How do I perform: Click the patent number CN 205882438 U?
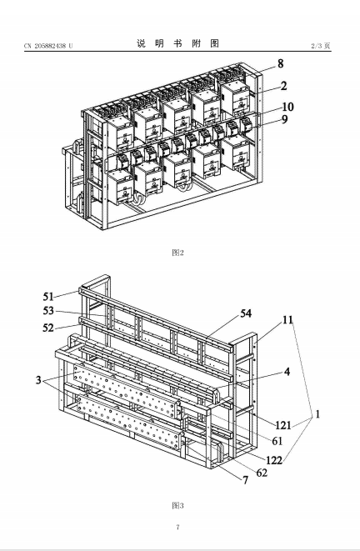click(48, 46)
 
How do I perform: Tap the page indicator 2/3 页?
click(321, 46)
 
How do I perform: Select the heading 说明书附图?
click(177, 43)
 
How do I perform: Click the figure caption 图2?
click(177, 253)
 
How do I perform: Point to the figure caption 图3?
click(177, 505)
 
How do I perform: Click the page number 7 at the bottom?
click(177, 527)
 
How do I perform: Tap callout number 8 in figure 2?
click(280, 63)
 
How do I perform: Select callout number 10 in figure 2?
click(287, 107)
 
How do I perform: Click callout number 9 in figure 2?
click(284, 119)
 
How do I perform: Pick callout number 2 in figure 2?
click(283, 86)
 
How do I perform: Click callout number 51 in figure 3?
click(48, 297)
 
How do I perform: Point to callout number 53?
click(48, 311)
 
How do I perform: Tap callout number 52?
click(48, 328)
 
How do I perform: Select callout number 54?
click(246, 313)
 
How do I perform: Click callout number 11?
click(287, 320)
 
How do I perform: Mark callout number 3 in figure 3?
click(38, 380)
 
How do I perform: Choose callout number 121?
click(283, 425)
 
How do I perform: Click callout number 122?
click(274, 460)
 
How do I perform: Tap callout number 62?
click(262, 473)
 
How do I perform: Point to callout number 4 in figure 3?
click(287, 372)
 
